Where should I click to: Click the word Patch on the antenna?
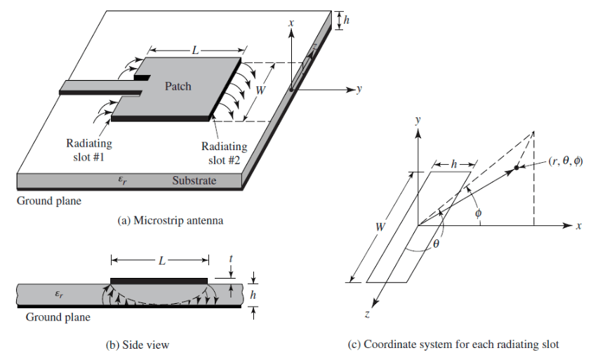178,87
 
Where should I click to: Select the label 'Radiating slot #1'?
88,150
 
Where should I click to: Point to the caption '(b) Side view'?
145,345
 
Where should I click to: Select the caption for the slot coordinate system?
453,345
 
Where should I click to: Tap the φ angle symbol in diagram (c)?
478,213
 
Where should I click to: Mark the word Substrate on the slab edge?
194,181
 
